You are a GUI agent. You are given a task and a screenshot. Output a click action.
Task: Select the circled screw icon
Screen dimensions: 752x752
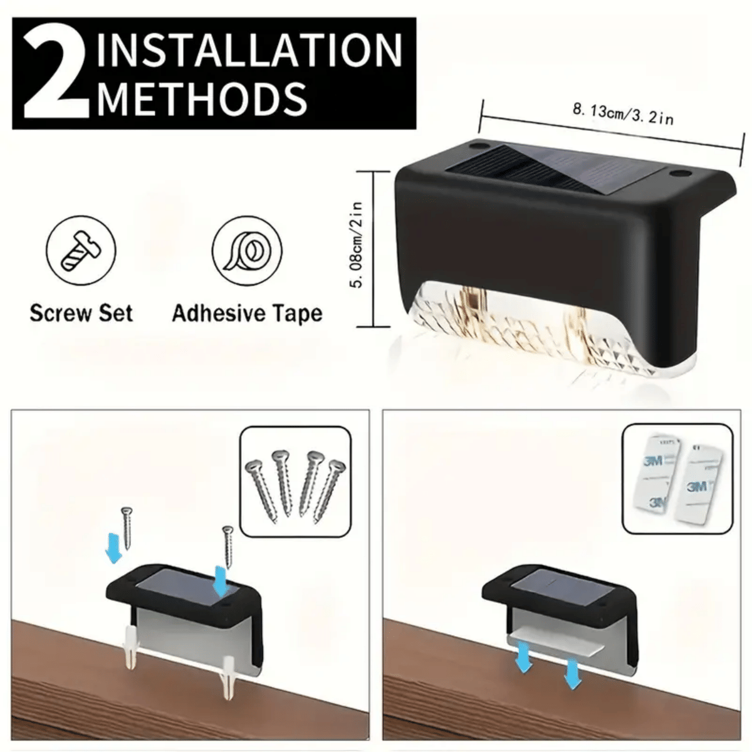click(81, 250)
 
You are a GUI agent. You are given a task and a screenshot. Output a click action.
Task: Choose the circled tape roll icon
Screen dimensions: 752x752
click(248, 251)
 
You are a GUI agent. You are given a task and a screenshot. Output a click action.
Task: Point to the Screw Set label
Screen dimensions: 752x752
click(81, 313)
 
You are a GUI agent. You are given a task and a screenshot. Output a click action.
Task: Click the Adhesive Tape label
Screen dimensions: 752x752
click(248, 314)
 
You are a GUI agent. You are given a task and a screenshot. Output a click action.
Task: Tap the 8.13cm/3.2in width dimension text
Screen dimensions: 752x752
click(623, 114)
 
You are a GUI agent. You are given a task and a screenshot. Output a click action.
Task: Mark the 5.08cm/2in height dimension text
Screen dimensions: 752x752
click(357, 244)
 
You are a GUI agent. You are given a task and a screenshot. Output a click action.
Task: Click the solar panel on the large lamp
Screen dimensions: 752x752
click(556, 169)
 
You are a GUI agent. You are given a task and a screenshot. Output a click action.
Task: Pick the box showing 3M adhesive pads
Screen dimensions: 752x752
click(677, 478)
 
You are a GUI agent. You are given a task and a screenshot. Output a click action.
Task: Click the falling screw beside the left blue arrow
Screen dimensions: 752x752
click(127, 528)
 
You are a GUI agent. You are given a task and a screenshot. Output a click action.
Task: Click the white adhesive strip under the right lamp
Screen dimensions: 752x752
click(555, 647)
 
